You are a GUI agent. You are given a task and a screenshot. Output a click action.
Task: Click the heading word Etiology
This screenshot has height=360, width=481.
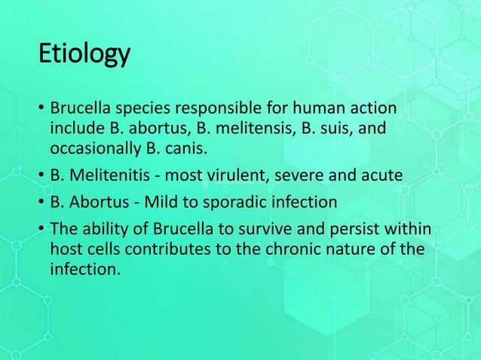click(x=84, y=55)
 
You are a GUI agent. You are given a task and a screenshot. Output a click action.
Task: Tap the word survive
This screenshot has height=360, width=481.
click(x=280, y=229)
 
